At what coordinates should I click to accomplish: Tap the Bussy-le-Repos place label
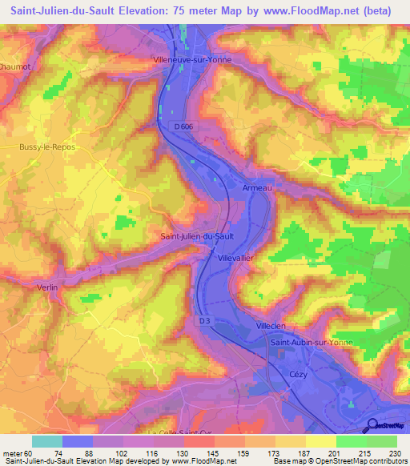tap(46, 147)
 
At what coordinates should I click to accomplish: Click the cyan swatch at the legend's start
tap(47, 441)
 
